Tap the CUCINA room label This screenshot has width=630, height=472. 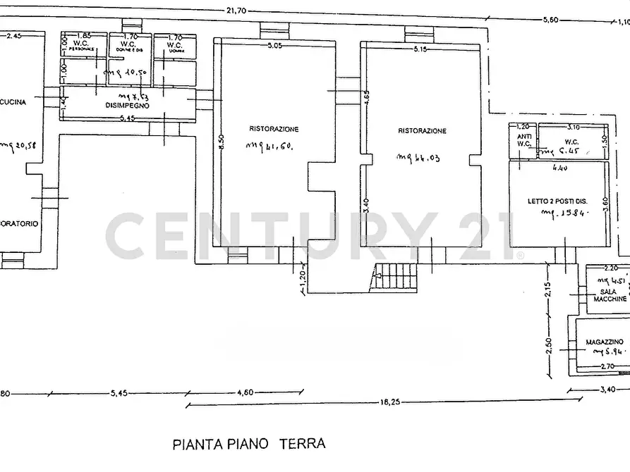coord(13,102)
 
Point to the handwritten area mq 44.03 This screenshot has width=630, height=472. coord(418,158)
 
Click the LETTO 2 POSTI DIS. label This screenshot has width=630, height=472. coord(558,201)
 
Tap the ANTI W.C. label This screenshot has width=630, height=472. coord(523,140)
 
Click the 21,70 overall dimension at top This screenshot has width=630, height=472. coord(236,11)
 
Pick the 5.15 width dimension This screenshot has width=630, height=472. coord(422,49)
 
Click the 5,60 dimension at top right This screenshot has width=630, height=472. coord(551,20)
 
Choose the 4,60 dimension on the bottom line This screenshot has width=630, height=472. coord(246,392)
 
